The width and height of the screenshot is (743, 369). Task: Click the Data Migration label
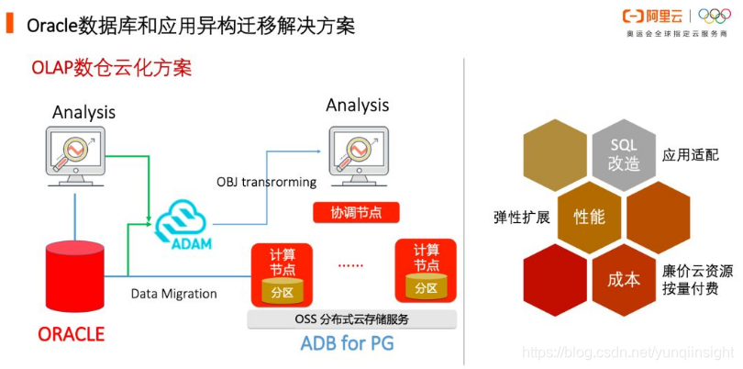pyautogui.click(x=173, y=294)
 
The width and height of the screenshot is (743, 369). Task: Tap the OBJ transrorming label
pyautogui.click(x=266, y=182)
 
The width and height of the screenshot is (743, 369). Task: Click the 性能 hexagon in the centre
pyautogui.click(x=589, y=218)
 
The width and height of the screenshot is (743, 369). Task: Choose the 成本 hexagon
pyautogui.click(x=623, y=279)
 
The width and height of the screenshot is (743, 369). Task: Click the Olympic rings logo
pyautogui.click(x=715, y=16)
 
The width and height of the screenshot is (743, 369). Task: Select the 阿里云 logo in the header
pyautogui.click(x=655, y=16)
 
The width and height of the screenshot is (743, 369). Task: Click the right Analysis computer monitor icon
pyautogui.click(x=357, y=147)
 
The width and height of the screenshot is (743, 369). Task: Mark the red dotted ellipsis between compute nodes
pyautogui.click(x=350, y=265)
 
